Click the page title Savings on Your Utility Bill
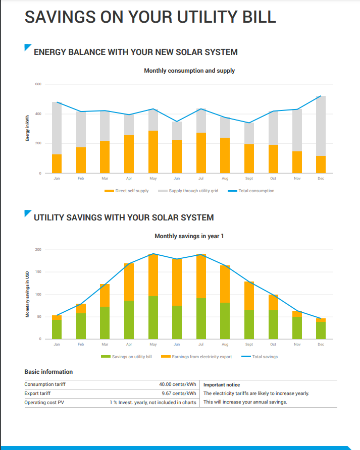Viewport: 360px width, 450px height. [150, 17]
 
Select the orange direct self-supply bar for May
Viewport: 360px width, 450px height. [153, 152]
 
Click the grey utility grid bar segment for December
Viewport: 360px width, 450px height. [321, 126]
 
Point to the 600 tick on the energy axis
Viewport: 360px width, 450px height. [38, 84]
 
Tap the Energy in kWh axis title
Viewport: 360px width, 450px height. [27, 129]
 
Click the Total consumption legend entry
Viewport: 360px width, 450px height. [250, 191]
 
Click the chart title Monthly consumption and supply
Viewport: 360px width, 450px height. [189, 71]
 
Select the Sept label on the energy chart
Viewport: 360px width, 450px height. [249, 178]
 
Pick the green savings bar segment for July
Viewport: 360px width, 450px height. [201, 318]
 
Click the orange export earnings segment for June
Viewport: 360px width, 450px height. [177, 282]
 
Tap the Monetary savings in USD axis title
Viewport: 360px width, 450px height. [27, 295]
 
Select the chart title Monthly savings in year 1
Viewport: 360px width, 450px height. [189, 236]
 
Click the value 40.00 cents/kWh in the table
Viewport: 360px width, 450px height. [177, 384]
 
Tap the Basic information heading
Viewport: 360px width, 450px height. [48, 372]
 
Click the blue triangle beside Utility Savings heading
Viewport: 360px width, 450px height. [27, 213]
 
